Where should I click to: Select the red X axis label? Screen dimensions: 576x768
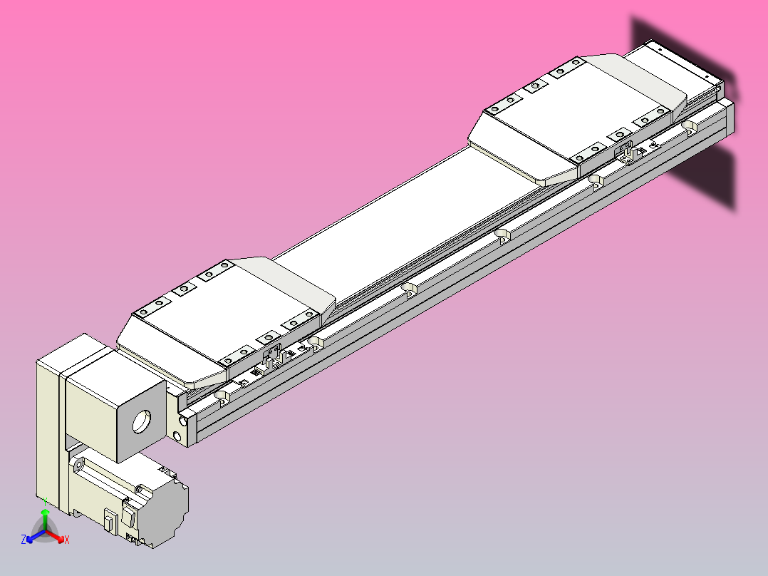67,540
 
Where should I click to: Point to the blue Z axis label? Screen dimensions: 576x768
24,540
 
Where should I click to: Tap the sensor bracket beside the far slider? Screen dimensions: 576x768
627,153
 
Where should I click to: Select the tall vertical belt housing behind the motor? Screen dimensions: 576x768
50,428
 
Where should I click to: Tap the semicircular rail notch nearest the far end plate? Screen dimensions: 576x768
688,126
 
